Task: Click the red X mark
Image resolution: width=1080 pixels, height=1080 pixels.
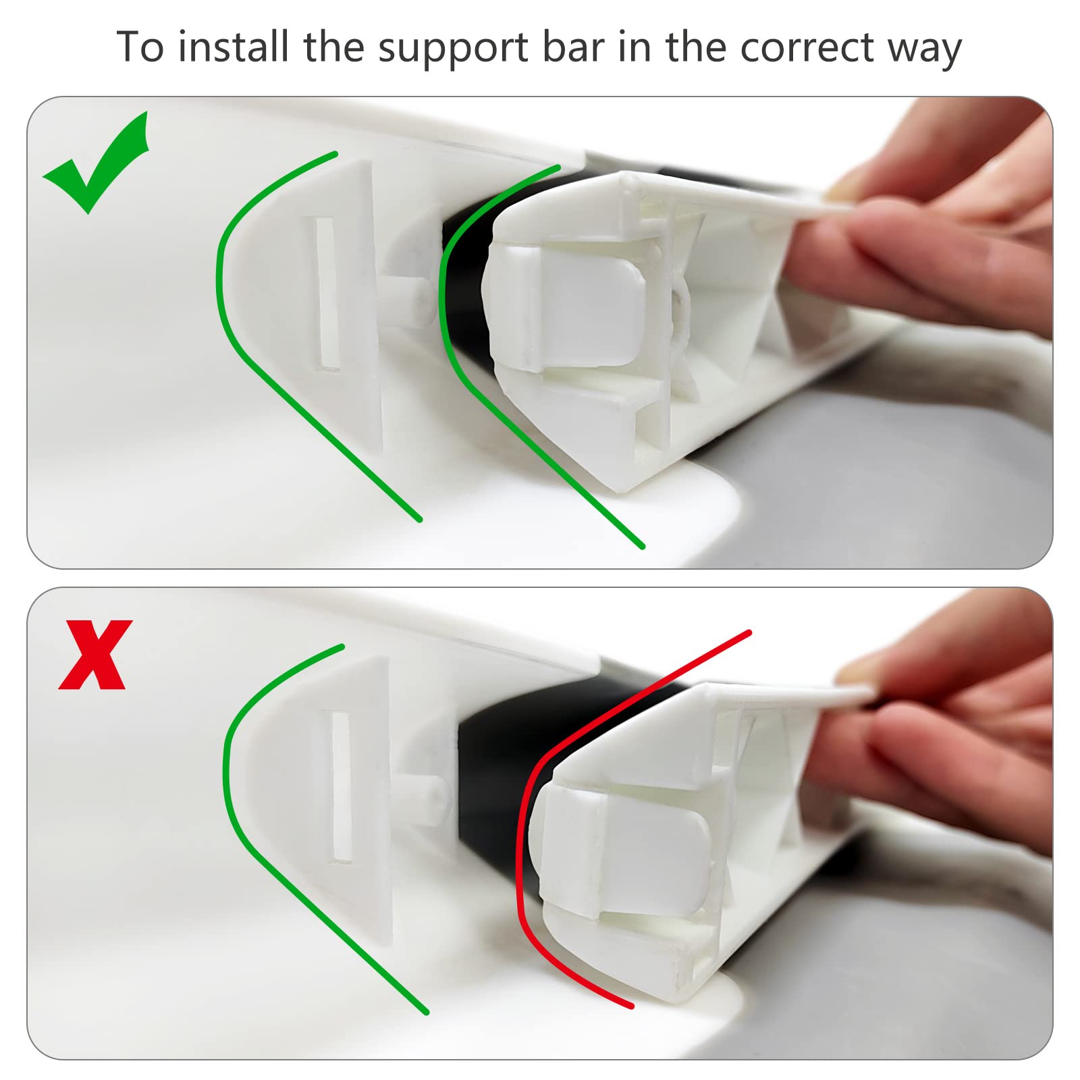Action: click(95, 655)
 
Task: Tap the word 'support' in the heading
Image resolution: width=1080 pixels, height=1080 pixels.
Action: click(453, 49)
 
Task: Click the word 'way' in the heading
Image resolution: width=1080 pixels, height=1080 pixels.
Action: click(925, 51)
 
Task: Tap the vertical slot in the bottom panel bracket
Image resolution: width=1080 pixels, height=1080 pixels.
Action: click(341, 787)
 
